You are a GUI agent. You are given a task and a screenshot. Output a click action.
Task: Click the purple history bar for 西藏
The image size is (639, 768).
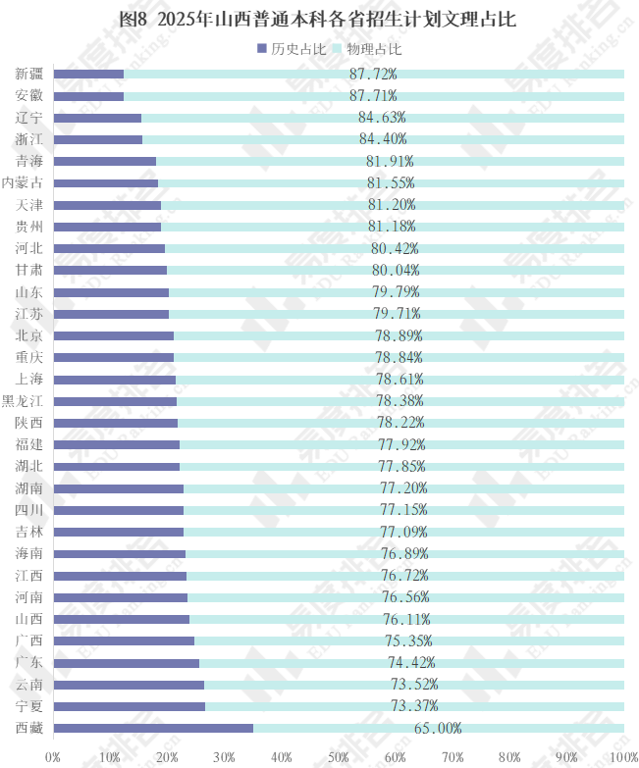point(153,728)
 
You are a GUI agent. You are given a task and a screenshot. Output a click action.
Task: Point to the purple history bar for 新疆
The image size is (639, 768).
point(88,74)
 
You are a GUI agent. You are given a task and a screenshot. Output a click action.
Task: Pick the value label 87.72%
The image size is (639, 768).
point(373,74)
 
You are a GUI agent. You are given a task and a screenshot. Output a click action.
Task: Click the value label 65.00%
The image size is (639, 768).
point(438,728)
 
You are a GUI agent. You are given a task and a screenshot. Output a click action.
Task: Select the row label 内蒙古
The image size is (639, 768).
point(22,182)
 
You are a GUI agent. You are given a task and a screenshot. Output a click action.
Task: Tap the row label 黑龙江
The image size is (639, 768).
point(22,401)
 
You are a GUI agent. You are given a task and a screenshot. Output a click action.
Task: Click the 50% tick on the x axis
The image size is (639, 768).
point(339,757)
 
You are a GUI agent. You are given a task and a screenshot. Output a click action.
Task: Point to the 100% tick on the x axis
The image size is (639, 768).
point(622,757)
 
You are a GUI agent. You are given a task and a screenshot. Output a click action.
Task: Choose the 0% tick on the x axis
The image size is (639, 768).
point(53,757)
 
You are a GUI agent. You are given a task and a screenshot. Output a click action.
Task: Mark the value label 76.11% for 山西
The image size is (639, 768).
point(406,619)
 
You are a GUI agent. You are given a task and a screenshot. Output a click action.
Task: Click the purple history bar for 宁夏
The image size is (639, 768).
point(130,706)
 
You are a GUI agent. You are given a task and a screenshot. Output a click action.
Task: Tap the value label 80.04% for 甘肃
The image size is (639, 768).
point(396,270)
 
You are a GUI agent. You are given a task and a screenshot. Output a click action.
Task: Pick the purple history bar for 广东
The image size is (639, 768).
point(127,663)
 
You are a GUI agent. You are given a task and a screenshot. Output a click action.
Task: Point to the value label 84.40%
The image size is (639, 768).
point(383,138)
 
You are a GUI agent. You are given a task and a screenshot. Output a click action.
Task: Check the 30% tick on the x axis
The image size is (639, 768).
point(224,757)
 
